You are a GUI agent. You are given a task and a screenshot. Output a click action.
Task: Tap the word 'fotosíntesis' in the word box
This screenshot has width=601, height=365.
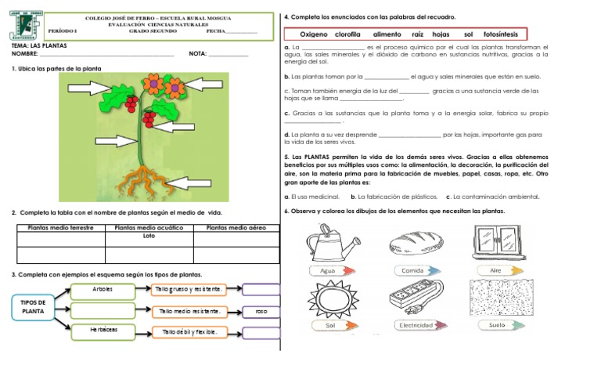[x=502, y=34]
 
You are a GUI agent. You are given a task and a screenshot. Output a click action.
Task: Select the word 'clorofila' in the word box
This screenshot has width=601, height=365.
[x=347, y=34]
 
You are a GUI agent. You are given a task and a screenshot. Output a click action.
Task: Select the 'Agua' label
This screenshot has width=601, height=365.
[x=328, y=270]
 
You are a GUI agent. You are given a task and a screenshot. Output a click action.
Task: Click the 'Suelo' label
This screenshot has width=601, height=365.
[x=496, y=324]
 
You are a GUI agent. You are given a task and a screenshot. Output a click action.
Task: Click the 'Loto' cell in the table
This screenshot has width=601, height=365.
[x=149, y=235]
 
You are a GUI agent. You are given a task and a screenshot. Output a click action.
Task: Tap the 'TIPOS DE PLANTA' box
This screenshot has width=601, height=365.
[x=33, y=306]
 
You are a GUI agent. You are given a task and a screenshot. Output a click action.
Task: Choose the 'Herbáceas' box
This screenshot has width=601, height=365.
[x=103, y=330]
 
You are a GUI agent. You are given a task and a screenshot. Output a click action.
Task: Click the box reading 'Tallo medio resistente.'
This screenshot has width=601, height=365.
[x=189, y=311]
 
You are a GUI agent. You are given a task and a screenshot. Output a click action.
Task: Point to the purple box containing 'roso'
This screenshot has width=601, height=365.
[x=261, y=311]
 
